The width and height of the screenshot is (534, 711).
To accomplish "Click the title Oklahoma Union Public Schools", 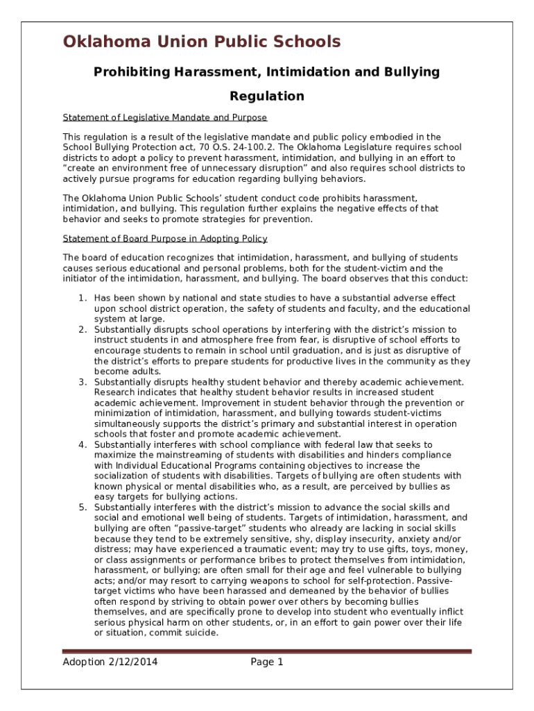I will click(202, 42).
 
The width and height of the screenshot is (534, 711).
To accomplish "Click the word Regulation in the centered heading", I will click(267, 96).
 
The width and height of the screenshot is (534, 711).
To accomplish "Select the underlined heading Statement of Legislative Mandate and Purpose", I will click(165, 117).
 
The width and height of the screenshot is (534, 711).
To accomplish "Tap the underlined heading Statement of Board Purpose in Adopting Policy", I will click(165, 239).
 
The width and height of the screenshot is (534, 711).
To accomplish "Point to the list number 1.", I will click(82, 299).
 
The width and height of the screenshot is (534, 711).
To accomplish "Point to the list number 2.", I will click(82, 329).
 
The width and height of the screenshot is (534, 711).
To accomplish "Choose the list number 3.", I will click(82, 382).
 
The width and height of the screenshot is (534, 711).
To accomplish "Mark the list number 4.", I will click(82, 444).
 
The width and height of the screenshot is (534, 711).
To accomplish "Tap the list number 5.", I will click(82, 508).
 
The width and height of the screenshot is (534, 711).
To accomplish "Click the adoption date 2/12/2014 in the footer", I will click(132, 662).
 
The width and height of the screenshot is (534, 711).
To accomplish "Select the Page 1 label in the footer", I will click(267, 662).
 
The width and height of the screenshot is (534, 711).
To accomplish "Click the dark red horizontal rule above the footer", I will click(267, 651).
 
